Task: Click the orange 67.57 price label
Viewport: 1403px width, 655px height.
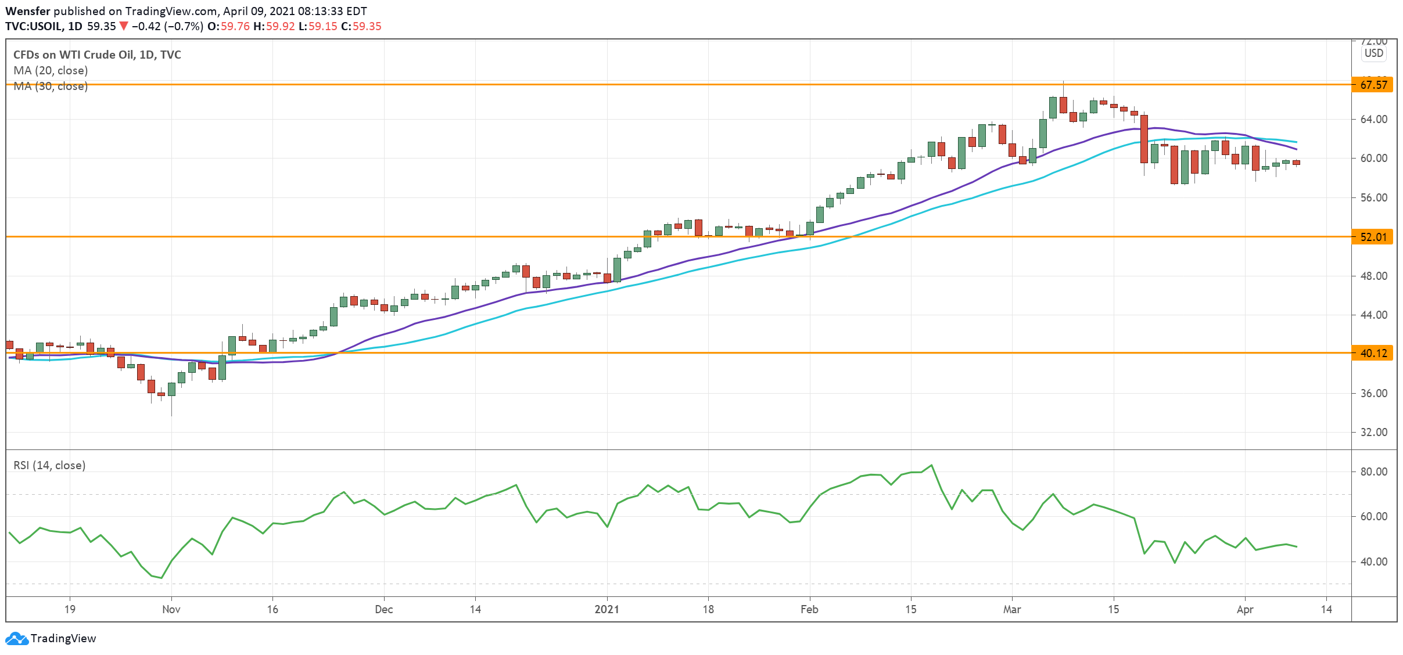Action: point(1373,85)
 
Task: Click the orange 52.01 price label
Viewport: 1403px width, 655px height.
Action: point(1373,237)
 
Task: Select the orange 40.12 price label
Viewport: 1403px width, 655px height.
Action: point(1373,353)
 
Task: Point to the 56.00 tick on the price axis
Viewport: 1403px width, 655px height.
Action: point(1373,197)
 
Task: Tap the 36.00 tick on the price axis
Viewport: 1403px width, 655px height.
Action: point(1373,393)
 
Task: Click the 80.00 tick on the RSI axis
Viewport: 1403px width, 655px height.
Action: point(1373,472)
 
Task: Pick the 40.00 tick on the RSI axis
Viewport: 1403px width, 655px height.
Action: point(1373,562)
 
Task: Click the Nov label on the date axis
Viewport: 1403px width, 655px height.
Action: point(171,609)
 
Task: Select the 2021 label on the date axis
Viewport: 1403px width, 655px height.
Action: point(607,609)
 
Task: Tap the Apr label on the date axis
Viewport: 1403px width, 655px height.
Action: point(1245,609)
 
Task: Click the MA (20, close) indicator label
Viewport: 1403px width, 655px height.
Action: point(51,70)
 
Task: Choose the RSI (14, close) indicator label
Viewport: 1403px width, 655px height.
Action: point(49,465)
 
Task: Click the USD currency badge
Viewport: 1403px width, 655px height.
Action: point(1374,53)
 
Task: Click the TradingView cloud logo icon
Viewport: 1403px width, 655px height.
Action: point(16,638)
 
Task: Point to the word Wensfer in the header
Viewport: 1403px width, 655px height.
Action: point(28,11)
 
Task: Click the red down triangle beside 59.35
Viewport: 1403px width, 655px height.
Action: point(123,26)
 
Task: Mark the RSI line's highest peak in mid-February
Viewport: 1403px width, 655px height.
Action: point(932,465)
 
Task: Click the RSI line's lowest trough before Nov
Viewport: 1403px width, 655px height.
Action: point(162,578)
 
